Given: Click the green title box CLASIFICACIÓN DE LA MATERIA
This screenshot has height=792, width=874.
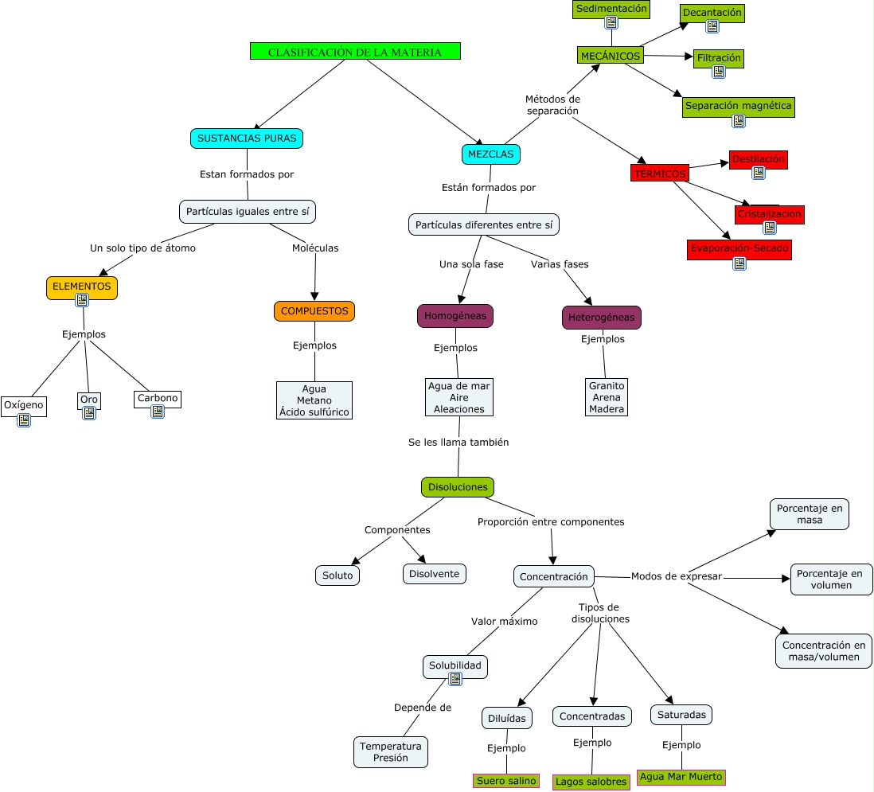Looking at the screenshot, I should (x=355, y=52).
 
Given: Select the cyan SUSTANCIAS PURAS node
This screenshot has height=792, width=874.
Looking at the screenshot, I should (x=247, y=138).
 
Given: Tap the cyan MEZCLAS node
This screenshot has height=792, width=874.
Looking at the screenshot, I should (x=490, y=154).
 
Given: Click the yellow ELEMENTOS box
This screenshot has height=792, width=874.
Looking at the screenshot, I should (x=81, y=286).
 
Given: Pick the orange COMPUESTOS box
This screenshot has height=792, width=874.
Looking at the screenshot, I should (x=314, y=310).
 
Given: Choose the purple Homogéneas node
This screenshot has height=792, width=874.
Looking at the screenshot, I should (x=455, y=315).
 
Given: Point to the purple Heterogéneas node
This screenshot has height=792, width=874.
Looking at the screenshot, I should (x=601, y=318).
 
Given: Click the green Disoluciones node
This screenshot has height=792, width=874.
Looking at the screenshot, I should (x=458, y=486).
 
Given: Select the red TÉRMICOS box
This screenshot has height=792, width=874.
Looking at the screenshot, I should (x=660, y=174).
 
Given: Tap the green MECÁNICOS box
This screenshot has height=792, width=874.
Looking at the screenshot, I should (x=610, y=56).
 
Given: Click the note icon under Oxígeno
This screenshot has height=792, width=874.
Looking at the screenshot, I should (x=24, y=420).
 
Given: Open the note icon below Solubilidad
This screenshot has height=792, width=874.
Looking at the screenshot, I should (x=455, y=679).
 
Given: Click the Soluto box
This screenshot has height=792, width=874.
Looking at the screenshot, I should (x=338, y=575).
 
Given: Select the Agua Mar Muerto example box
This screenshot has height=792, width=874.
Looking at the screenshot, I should (x=681, y=777).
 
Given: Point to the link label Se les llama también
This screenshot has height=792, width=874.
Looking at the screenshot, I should (x=458, y=442).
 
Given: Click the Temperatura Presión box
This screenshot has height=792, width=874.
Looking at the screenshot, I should (x=390, y=751).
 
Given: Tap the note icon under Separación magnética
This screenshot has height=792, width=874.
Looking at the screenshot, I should (x=739, y=121).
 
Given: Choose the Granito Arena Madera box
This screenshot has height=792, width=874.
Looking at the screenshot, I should (x=607, y=396).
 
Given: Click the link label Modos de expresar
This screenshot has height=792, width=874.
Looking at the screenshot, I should (x=676, y=576).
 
